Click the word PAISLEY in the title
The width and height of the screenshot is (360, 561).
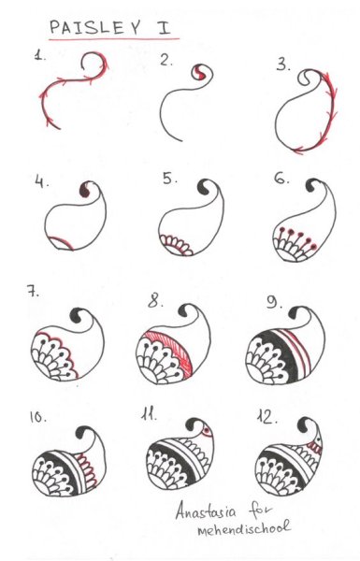(94, 27)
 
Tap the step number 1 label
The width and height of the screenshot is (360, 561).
(39, 55)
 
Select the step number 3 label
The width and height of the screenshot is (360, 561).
(283, 65)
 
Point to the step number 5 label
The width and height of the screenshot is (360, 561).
(170, 179)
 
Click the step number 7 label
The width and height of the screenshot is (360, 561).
(33, 291)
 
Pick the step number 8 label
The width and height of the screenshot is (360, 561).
(155, 301)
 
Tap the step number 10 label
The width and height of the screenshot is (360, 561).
(38, 416)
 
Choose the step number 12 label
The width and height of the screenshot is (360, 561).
(266, 416)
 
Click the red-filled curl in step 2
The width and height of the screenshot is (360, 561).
(198, 73)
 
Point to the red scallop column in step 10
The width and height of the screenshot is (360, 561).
(88, 469)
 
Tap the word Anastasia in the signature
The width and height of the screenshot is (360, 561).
(206, 511)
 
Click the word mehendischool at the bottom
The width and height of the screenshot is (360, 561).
(244, 528)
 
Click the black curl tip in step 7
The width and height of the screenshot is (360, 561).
(77, 315)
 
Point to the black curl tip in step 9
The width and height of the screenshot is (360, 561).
(295, 313)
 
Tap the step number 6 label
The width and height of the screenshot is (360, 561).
(281, 178)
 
